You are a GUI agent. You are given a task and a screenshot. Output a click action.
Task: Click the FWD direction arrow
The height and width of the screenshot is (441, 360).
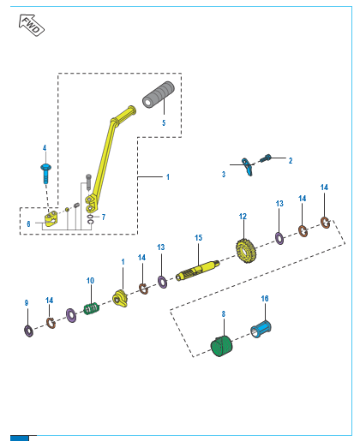click(x=31, y=26)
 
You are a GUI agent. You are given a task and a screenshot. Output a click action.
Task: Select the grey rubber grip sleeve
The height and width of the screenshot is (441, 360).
click(x=159, y=95)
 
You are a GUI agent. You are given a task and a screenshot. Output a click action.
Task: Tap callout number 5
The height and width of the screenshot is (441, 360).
click(x=164, y=122)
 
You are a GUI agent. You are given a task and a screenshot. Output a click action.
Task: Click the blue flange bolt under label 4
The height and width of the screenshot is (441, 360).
click(x=45, y=174)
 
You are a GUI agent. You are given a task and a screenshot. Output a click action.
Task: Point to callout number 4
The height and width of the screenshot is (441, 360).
click(x=45, y=148)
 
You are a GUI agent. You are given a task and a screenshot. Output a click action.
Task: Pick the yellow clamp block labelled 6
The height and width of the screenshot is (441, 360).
click(x=51, y=218)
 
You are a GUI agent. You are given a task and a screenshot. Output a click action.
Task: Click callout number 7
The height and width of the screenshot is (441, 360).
click(x=104, y=218)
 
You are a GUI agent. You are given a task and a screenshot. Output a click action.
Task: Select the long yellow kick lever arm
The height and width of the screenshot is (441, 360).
click(x=109, y=158)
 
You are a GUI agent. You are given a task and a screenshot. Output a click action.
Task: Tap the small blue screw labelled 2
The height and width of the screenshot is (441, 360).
click(x=265, y=158)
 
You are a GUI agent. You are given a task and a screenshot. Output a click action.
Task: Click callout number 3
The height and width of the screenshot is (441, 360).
click(x=224, y=174)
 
